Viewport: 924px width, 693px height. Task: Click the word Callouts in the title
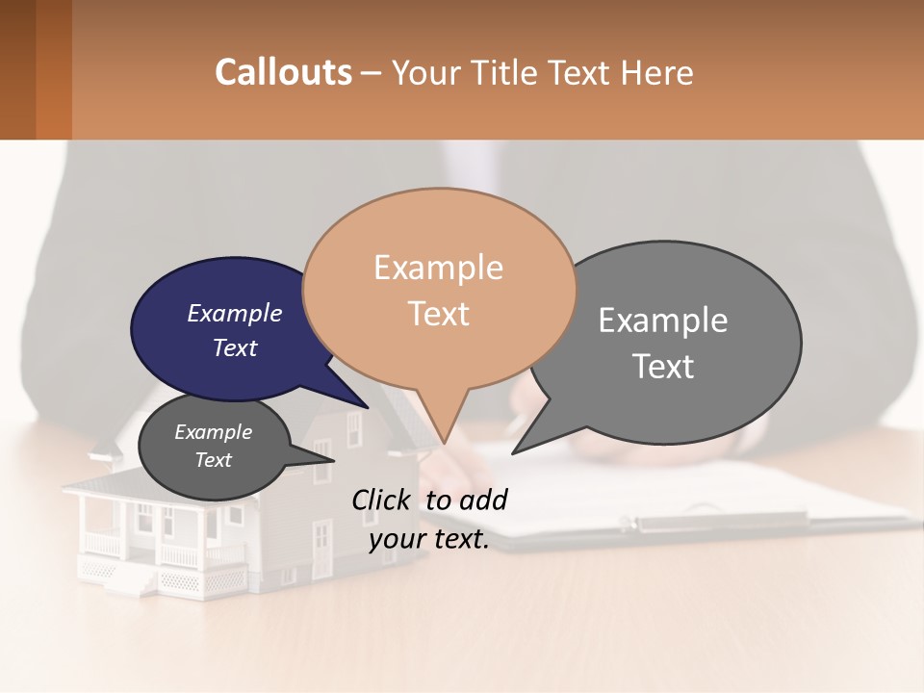click(x=283, y=72)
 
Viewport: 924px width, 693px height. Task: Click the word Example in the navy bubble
click(x=234, y=314)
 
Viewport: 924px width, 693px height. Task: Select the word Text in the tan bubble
click(x=439, y=314)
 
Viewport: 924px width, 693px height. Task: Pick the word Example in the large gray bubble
click(x=662, y=321)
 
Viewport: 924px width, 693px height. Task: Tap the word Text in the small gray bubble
click(x=213, y=460)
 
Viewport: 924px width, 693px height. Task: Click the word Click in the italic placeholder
click(x=382, y=500)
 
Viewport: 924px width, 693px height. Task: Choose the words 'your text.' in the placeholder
click(x=429, y=539)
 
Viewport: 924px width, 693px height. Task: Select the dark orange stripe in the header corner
click(x=53, y=69)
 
